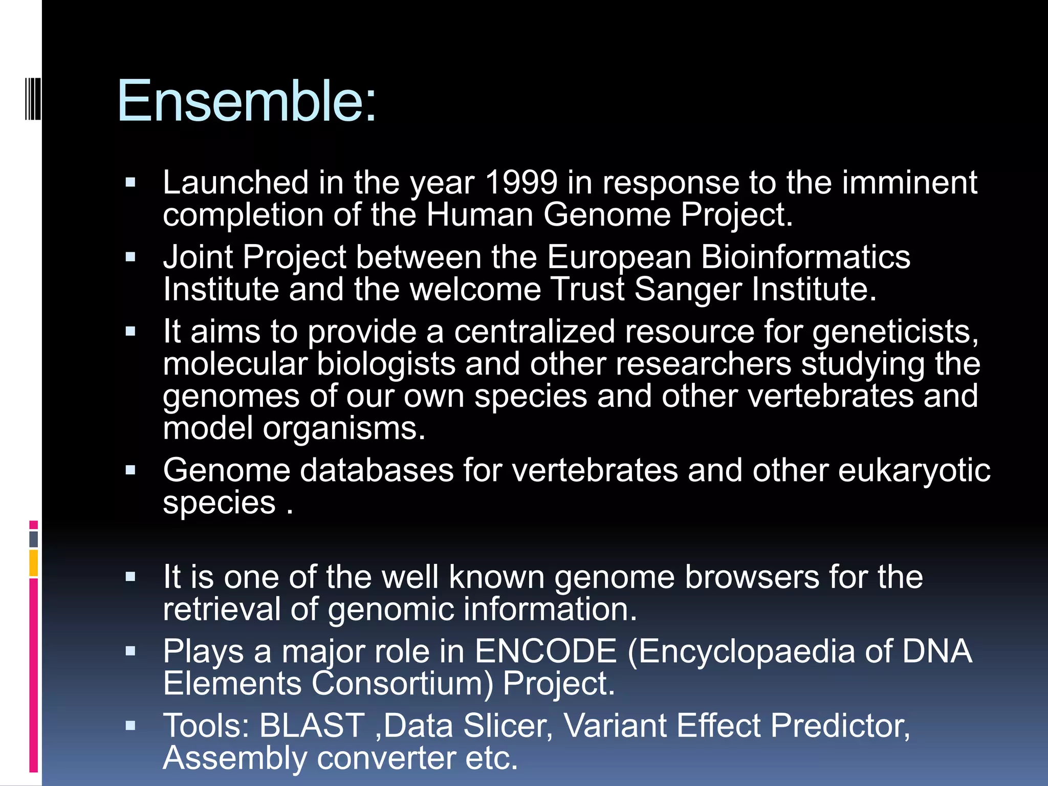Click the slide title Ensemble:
(247, 101)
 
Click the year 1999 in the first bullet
(520, 183)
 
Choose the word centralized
(534, 332)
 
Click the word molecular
(235, 364)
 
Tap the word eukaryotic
(914, 471)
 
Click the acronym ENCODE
(545, 651)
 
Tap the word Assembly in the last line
(235, 758)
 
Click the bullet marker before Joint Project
(130, 257)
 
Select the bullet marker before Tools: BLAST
(130, 725)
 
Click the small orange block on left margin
(34, 563)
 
